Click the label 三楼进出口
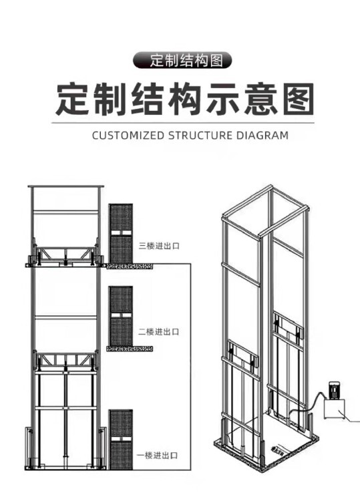click(159, 246)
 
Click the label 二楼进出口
click(159, 331)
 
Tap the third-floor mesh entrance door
click(121, 233)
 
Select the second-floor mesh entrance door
click(121, 315)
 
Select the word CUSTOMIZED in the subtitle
click(128, 135)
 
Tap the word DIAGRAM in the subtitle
click(262, 135)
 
